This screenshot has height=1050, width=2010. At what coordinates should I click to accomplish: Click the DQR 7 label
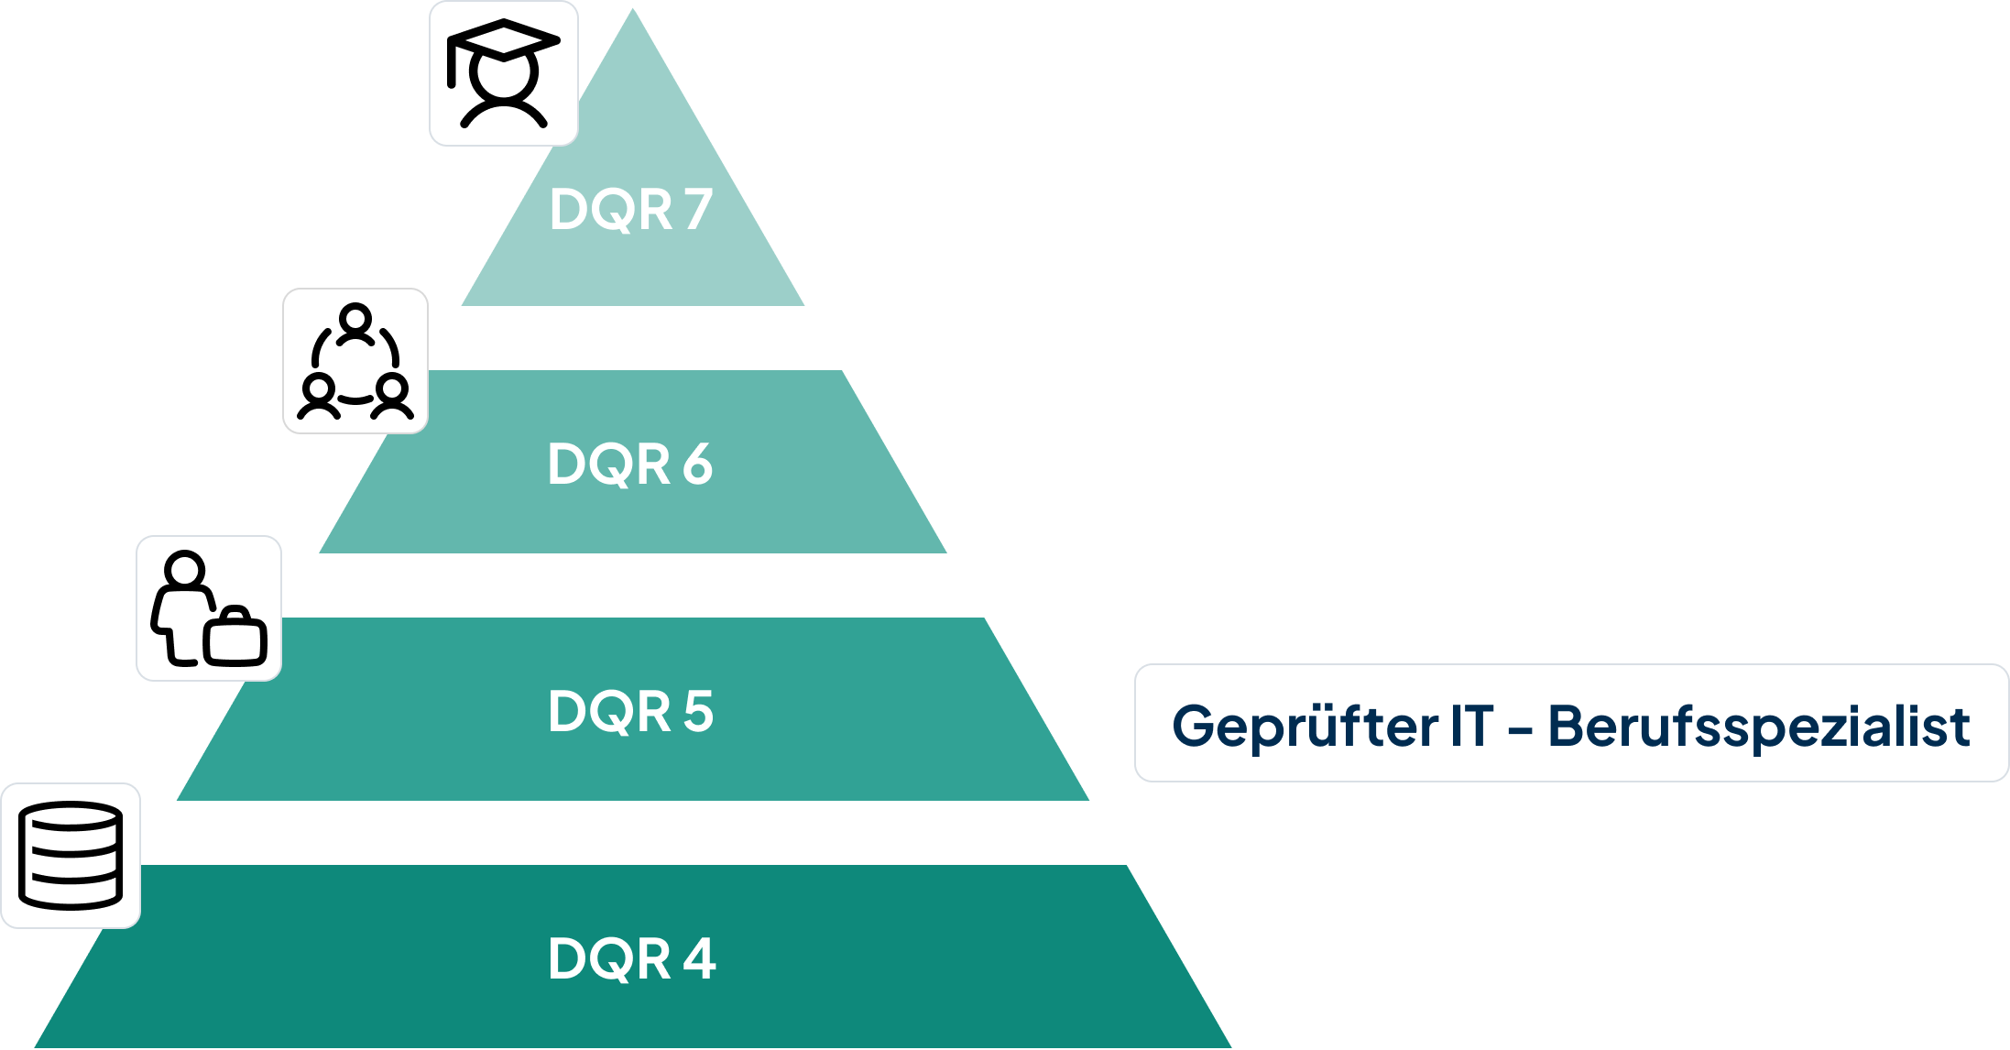point(631,210)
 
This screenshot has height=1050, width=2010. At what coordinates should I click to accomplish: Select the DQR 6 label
point(630,464)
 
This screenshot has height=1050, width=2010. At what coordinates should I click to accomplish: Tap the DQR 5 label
point(630,711)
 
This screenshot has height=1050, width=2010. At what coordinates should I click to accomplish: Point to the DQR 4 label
point(631,958)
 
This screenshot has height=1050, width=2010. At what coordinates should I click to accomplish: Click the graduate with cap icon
point(503,73)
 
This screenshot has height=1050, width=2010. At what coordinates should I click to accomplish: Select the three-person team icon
point(355,361)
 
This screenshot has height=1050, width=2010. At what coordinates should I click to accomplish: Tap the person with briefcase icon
point(209,608)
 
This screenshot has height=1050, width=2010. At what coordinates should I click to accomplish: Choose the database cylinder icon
point(71,856)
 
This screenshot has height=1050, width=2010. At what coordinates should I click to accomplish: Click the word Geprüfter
point(1305,727)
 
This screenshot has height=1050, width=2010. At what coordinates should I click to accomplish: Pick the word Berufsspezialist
point(1759,727)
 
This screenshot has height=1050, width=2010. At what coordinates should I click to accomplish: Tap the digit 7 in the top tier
point(697,210)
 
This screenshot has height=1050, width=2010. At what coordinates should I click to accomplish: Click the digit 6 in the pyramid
point(697,464)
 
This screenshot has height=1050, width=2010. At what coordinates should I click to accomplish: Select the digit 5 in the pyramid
point(698,711)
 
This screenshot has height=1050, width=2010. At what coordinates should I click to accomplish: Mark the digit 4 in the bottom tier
point(699,958)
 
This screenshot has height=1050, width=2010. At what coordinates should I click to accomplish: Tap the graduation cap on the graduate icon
point(503,41)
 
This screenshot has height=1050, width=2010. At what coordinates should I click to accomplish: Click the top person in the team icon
point(355,323)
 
